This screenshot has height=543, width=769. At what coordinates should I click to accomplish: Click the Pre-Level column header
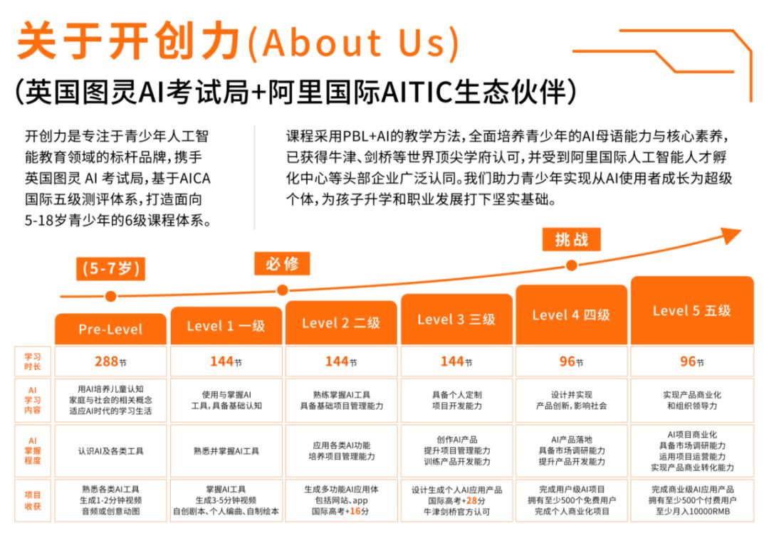tap(110, 329)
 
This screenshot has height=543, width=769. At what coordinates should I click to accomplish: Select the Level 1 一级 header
tap(226, 325)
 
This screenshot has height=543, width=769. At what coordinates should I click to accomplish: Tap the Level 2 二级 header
tap(341, 322)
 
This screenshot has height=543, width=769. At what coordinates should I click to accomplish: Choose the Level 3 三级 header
tap(456, 319)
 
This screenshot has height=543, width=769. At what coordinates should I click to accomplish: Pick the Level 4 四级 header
tap(571, 315)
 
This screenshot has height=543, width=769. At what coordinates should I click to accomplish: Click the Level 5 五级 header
tap(692, 310)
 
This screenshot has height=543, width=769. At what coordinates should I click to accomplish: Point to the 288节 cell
tap(110, 362)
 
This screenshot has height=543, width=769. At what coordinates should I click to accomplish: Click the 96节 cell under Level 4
tap(571, 362)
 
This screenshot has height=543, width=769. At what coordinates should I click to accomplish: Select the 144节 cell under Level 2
tap(341, 362)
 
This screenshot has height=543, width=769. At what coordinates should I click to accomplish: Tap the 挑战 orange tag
tap(571, 240)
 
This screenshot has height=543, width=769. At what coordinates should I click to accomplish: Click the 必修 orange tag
tap(282, 263)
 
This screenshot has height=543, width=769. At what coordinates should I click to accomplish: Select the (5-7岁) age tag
tap(111, 268)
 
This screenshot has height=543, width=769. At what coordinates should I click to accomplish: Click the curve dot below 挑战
tap(571, 265)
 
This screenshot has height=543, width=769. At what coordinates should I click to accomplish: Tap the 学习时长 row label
tap(33, 362)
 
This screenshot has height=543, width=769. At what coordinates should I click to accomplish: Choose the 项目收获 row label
tap(33, 500)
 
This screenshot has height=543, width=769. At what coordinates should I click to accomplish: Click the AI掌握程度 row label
tap(33, 451)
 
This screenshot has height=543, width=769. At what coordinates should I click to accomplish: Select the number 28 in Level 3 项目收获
tap(471, 501)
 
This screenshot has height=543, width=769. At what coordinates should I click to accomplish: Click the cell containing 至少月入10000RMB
tap(692, 500)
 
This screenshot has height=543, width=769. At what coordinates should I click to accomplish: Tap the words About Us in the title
tap(355, 42)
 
